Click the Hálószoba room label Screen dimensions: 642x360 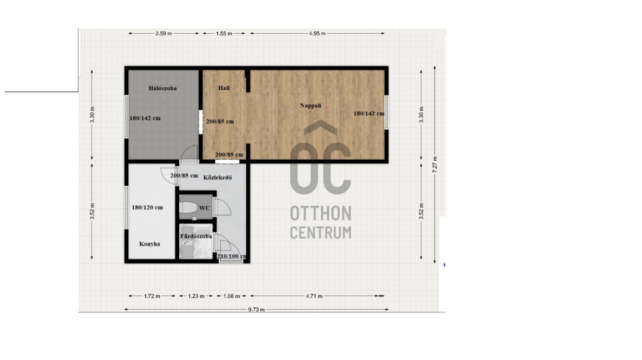click(163, 88)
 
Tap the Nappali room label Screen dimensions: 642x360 click(310, 106)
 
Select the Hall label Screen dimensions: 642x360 click(224, 88)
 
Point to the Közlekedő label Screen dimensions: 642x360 click(218, 177)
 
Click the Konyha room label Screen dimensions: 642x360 click(150, 243)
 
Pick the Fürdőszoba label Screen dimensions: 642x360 click(196, 236)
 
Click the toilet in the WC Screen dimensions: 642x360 click(189, 208)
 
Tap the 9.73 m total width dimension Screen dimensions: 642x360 click(256, 310)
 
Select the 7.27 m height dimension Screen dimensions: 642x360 click(435, 164)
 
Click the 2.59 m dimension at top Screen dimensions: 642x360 click(163, 34)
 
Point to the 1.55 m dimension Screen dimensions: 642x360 click(224, 34)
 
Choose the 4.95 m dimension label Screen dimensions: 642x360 click(317, 34)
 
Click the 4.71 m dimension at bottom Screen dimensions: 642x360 click(314, 296)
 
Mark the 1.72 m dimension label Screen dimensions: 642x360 click(152, 296)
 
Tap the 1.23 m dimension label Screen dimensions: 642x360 click(196, 296)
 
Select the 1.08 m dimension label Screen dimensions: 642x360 click(232, 296)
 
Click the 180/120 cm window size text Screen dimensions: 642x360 click(148, 207)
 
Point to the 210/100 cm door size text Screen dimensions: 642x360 click(232, 256)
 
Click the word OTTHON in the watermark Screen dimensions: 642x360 click(320, 213)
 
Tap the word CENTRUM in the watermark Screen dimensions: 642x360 click(320, 233)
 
